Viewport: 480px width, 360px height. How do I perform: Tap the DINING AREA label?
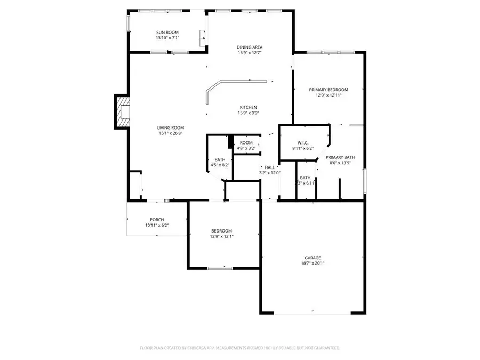coord(250,47)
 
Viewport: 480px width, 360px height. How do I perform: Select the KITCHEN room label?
coord(247,107)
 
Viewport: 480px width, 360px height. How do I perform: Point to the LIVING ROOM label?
coord(170,127)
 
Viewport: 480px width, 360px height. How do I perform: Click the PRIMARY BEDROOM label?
coord(329,90)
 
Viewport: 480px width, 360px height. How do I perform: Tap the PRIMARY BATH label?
coord(340,157)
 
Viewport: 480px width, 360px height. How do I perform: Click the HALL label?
coord(269,167)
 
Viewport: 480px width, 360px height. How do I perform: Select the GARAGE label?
coord(313,257)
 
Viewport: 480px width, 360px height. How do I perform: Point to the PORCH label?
coord(157,220)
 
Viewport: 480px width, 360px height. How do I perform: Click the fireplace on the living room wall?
coord(123,112)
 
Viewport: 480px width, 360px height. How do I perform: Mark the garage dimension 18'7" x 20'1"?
coord(313,263)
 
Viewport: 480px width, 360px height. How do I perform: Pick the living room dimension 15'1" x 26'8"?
coord(170,133)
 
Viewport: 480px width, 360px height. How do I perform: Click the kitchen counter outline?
coord(235,83)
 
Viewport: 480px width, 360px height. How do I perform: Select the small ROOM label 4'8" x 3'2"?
coord(246,143)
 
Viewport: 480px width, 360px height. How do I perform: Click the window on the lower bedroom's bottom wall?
coord(219,268)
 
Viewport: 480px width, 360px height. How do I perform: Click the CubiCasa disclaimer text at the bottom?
coord(239,348)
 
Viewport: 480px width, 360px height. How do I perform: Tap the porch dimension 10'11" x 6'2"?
coord(157,226)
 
